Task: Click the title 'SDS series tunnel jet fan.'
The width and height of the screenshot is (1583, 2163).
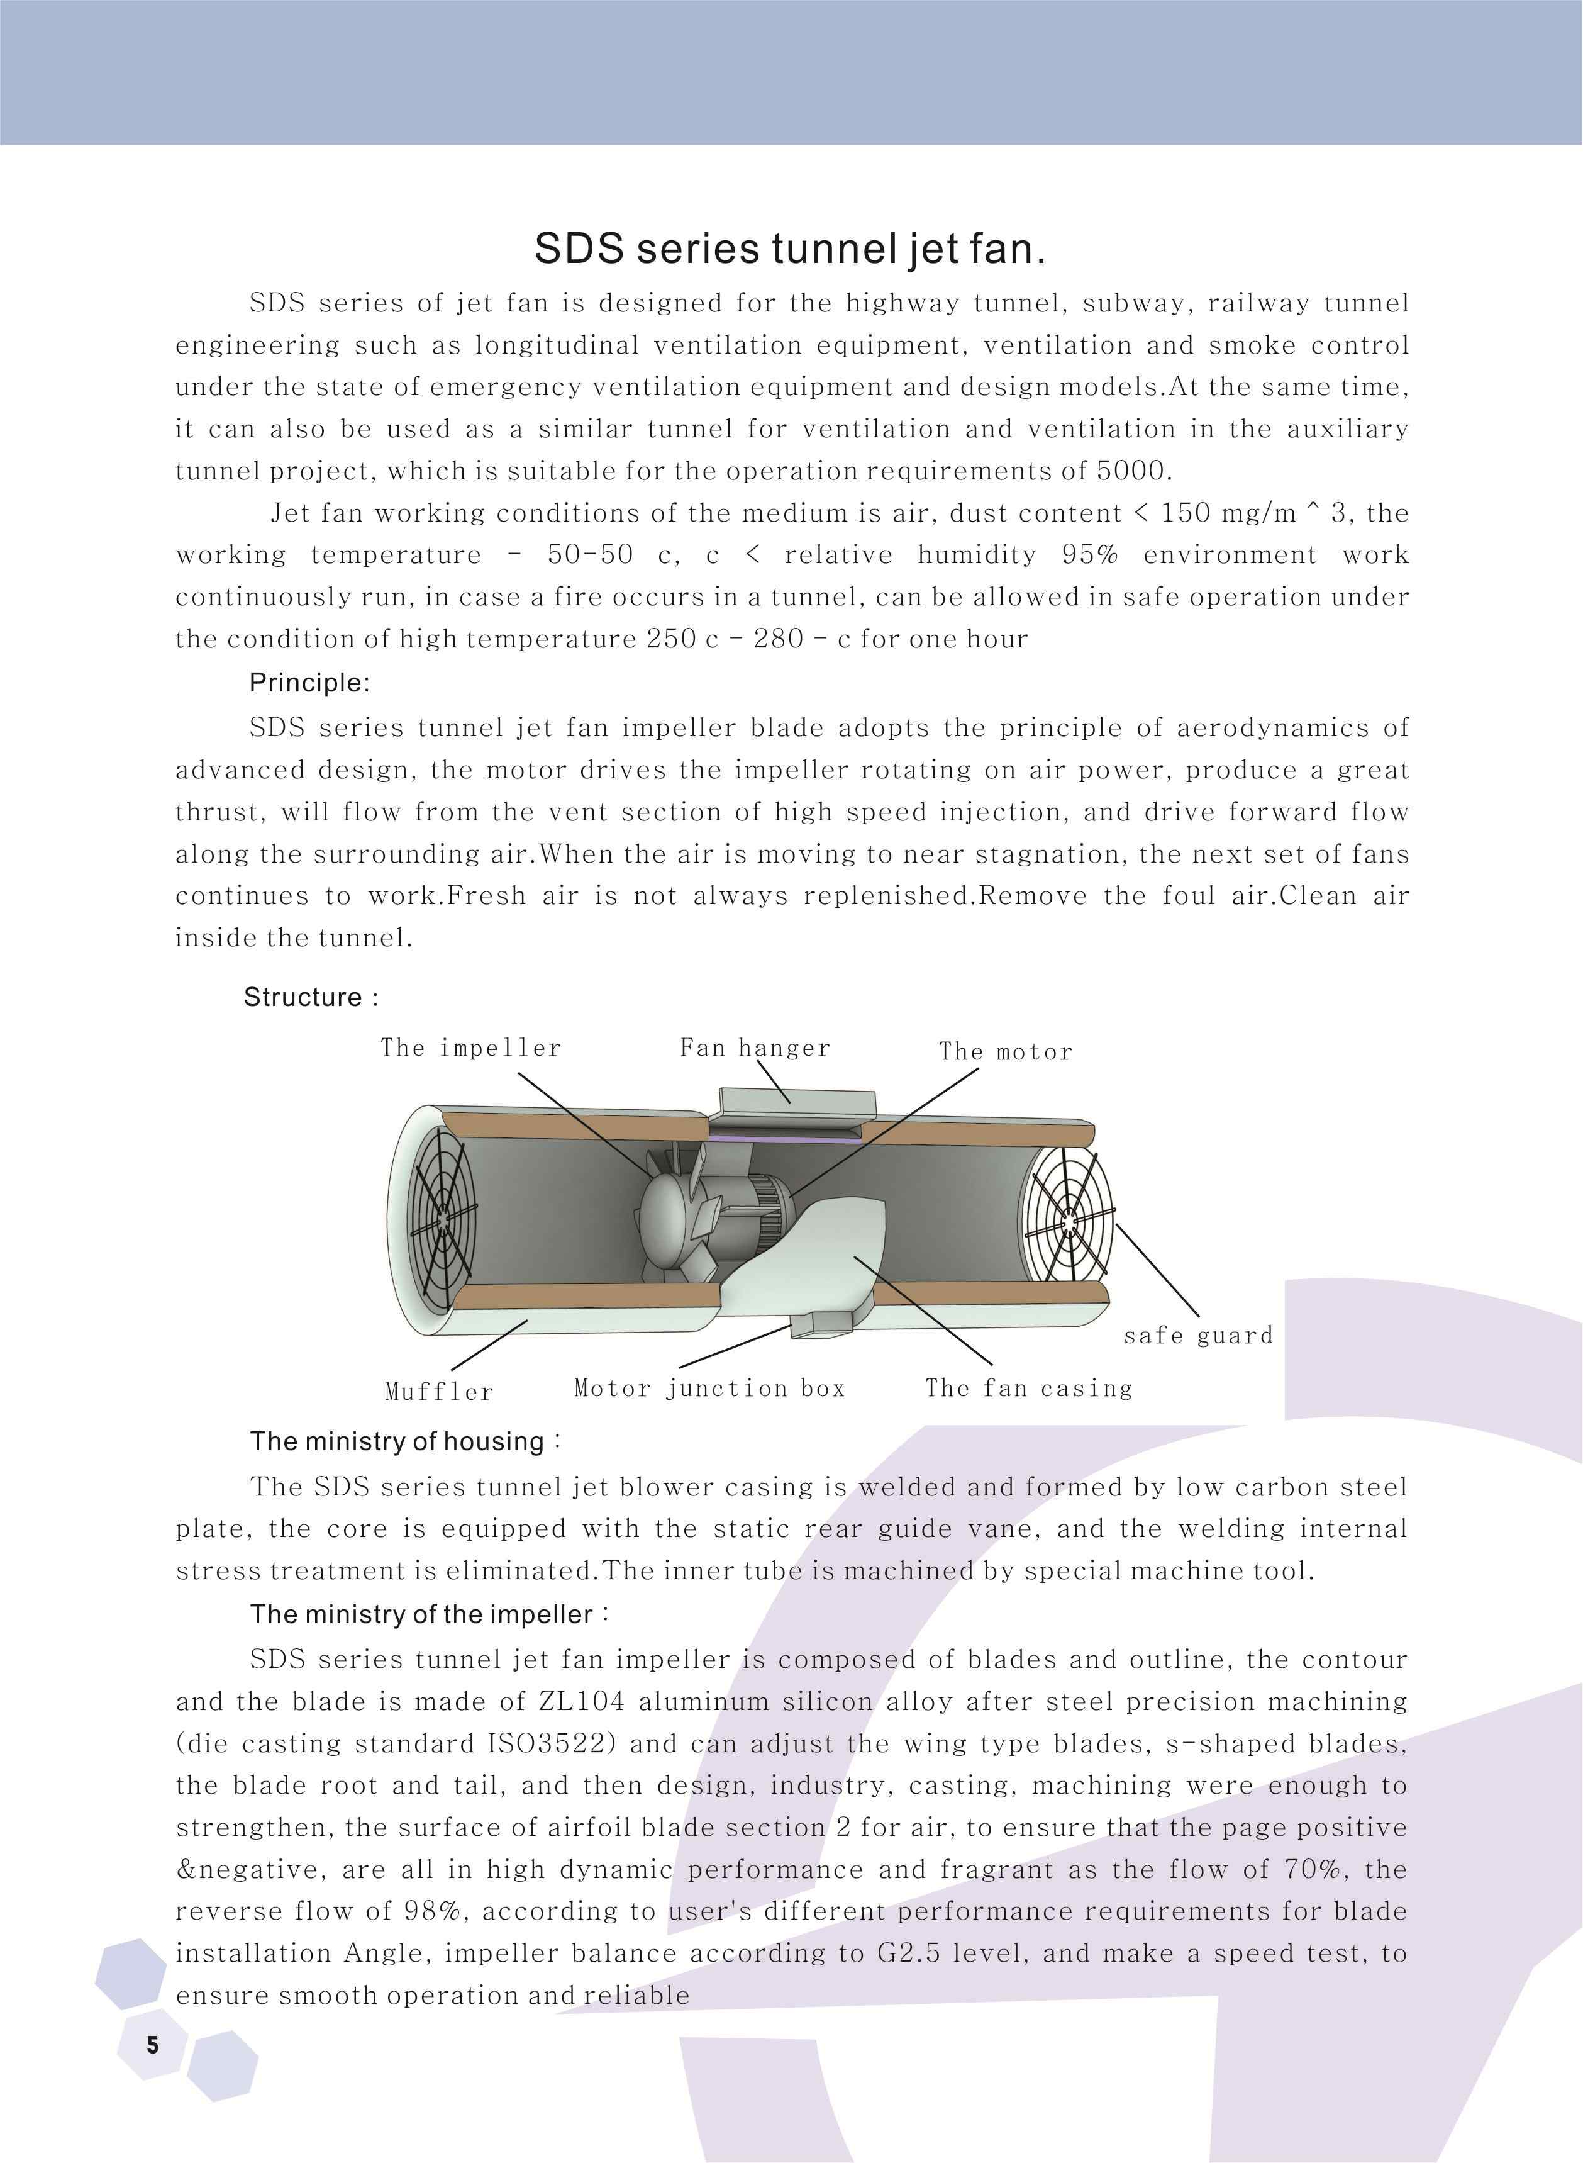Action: click(x=789, y=249)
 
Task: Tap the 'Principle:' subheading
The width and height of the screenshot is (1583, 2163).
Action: click(x=309, y=683)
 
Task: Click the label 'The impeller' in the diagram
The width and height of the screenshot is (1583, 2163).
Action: click(x=470, y=1048)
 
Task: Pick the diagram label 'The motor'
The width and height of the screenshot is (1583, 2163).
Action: click(x=1005, y=1051)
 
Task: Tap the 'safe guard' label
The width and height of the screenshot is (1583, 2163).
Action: click(x=1198, y=1335)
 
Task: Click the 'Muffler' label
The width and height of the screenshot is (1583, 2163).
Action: click(x=439, y=1392)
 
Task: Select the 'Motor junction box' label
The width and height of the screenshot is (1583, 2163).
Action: click(x=709, y=1388)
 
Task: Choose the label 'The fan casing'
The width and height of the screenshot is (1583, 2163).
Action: click(x=1028, y=1388)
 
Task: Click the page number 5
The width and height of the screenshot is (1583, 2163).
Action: click(x=152, y=2045)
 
